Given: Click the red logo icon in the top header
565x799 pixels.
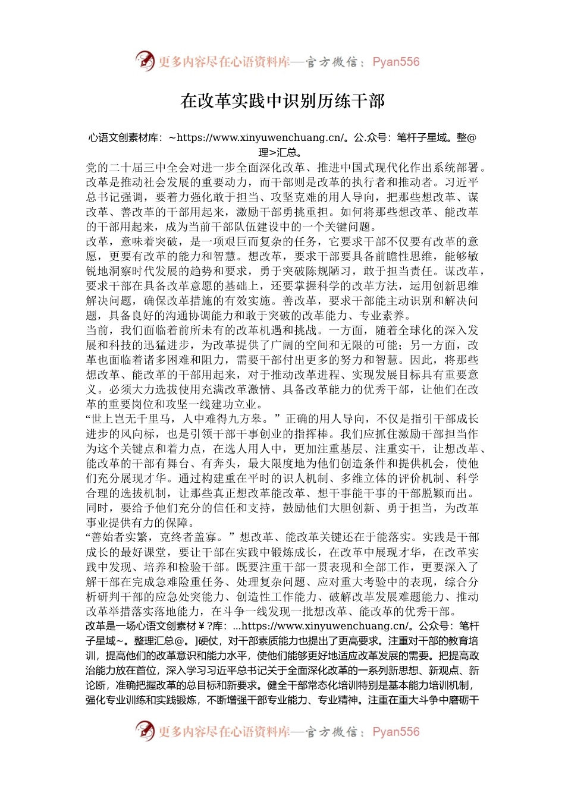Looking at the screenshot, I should coord(145,61).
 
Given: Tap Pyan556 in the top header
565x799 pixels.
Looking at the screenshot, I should coord(395,62).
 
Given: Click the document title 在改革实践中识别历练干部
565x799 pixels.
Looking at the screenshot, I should coord(282,101).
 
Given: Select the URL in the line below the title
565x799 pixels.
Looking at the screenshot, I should coord(261,138).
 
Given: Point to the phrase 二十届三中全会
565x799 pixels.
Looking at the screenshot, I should coord(149,168).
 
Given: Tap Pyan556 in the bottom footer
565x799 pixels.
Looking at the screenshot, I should coord(395,732).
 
